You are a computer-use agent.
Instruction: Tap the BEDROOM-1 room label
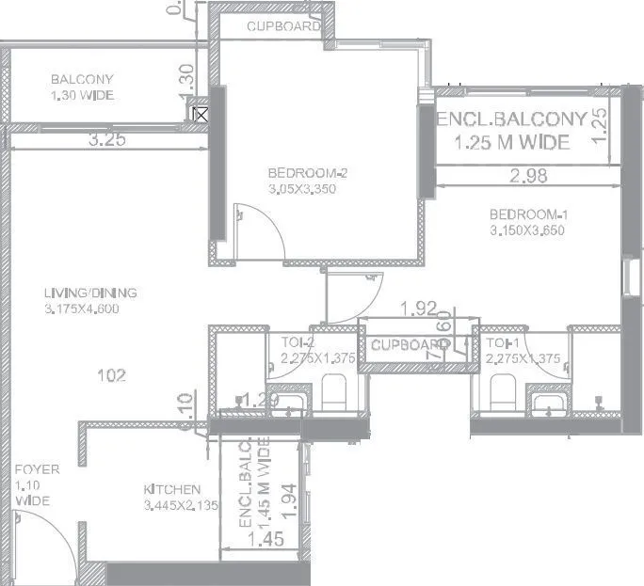coord(528,214)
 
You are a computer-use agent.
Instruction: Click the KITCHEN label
coord(171,489)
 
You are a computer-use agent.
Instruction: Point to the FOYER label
coord(36,468)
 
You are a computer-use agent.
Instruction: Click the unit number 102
coord(112,375)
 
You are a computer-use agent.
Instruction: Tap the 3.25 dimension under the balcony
coord(108,140)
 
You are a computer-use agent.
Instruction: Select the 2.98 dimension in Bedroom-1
coord(528,174)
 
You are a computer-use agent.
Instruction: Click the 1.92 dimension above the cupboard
coord(419,308)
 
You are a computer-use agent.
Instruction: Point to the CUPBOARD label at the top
coord(282,27)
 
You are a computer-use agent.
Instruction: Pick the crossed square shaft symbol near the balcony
coord(200,115)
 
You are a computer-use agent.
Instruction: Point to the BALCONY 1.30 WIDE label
coord(83,87)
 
